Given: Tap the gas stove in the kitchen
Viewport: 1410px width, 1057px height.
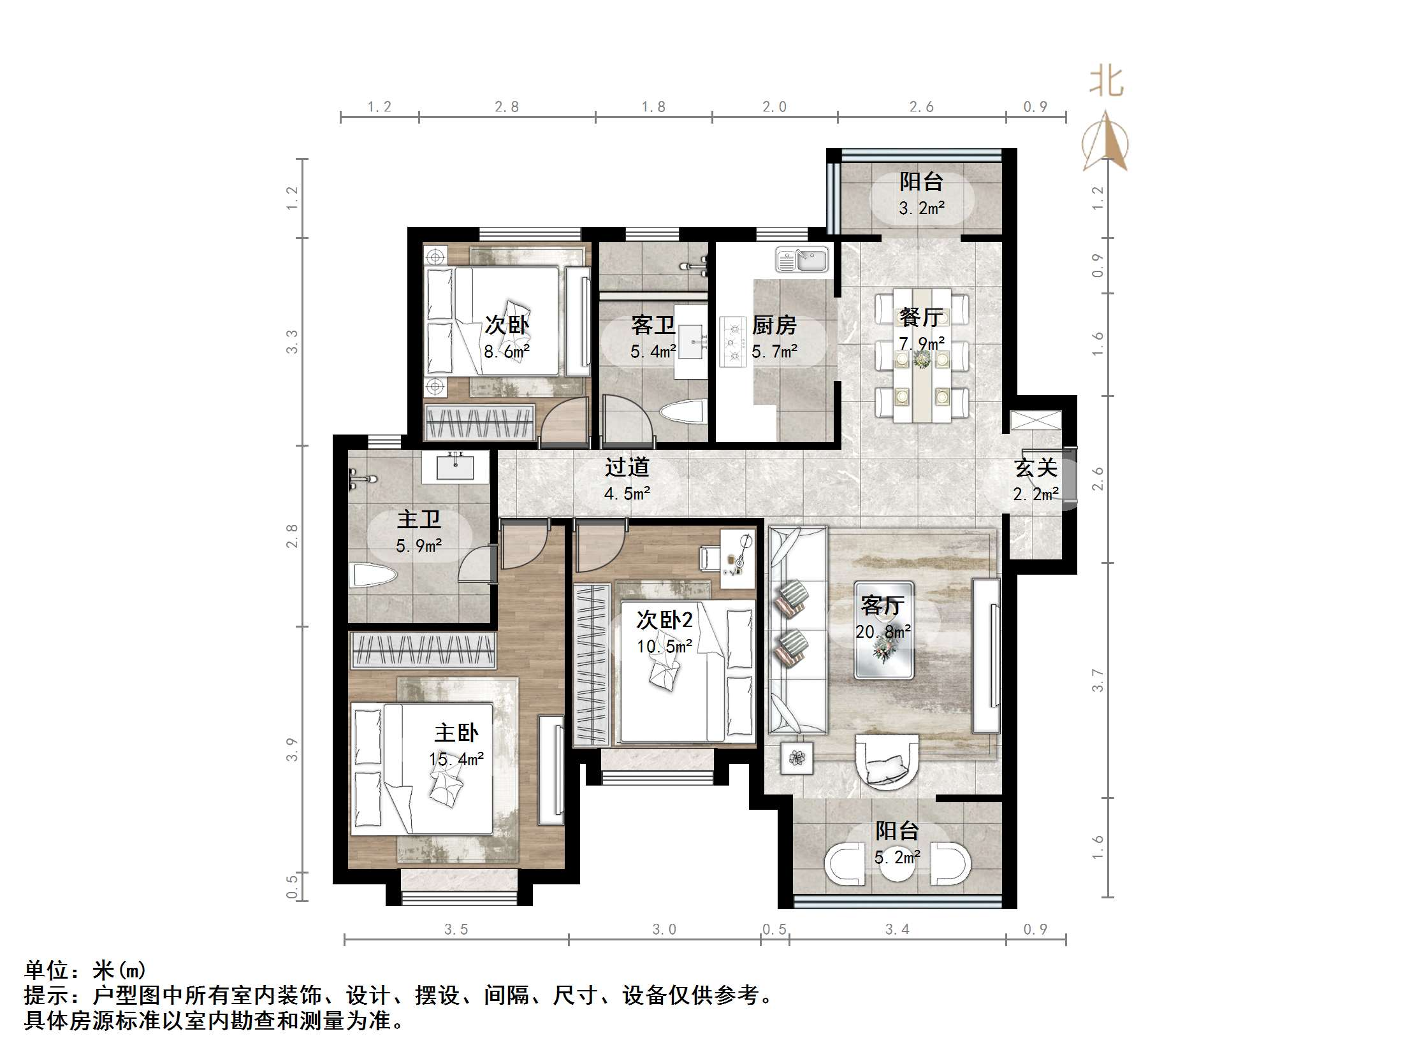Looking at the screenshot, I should click(x=732, y=342).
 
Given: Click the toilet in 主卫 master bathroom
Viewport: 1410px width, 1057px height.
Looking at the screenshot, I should click(x=372, y=576).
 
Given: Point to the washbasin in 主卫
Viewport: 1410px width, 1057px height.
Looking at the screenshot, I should click(x=456, y=467).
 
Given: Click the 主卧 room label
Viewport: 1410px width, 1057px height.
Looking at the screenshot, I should click(x=456, y=733).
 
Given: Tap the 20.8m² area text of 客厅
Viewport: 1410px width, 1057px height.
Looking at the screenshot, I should click(x=883, y=632).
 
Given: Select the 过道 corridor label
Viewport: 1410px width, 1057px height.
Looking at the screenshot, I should click(x=627, y=467).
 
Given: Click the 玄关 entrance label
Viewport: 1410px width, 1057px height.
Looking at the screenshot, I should click(x=1036, y=468).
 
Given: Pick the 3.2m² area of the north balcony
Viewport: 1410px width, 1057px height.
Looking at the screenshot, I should click(x=922, y=208).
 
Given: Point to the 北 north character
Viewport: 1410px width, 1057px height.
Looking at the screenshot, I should click(x=1106, y=82).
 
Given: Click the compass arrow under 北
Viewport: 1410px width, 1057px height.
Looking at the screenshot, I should click(x=1106, y=141).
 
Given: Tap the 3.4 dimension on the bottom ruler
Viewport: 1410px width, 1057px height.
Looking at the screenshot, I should click(x=897, y=930).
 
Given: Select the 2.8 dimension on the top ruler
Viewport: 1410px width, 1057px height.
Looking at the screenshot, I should click(x=507, y=106).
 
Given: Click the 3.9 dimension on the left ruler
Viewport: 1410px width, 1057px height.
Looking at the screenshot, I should click(x=292, y=749).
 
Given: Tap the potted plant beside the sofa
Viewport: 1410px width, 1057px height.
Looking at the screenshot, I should click(x=797, y=758).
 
